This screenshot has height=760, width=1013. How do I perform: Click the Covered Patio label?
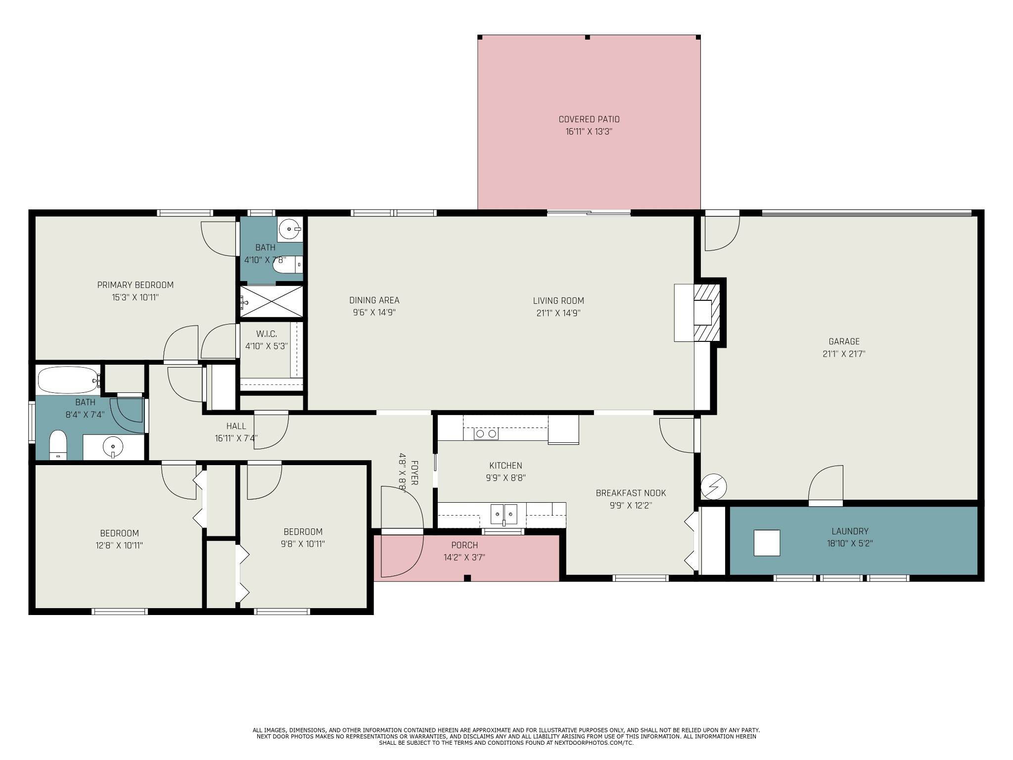pos(589,119)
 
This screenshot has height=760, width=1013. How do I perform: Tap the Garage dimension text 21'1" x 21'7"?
pos(844,354)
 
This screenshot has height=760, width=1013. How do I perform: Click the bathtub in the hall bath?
pos(69,380)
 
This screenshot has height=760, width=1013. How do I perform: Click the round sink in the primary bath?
pos(290,229)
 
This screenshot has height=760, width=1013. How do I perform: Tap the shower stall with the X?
pos(272,301)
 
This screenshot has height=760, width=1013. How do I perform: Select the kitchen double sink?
pos(504,515)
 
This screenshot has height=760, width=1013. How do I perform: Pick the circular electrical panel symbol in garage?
pos(713,486)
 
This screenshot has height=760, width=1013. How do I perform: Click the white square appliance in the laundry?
pos(767,543)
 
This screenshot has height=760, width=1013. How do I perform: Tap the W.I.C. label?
pos(266,334)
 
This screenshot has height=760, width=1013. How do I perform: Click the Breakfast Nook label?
pos(631,493)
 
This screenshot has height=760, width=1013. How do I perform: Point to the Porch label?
pos(464,545)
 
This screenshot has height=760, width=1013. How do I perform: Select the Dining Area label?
pos(374,300)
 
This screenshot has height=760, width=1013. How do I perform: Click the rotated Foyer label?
pos(414,473)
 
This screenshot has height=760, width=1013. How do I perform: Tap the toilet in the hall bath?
pos(58,445)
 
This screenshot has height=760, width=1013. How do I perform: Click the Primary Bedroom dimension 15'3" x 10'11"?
pos(135,297)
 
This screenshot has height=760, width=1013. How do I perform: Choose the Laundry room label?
pos(850,531)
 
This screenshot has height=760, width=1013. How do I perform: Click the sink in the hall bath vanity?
pos(113,447)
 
